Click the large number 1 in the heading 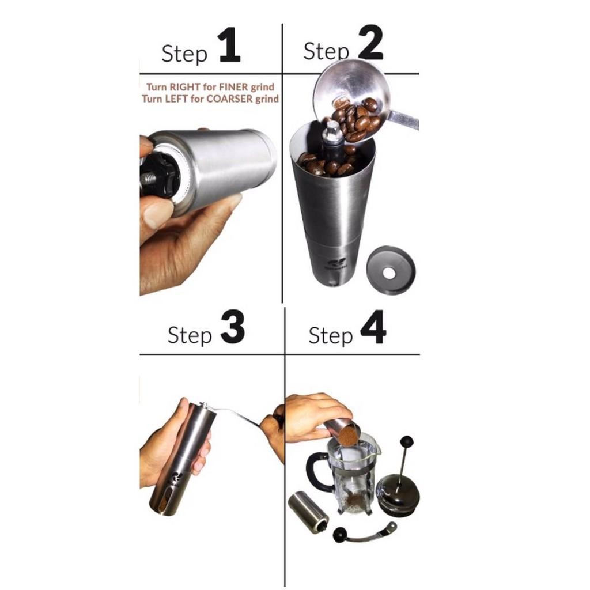coord(229,47)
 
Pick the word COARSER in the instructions coord(222,99)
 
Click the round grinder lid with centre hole coord(391,269)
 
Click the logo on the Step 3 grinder coord(177,479)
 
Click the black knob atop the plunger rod coord(407,442)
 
